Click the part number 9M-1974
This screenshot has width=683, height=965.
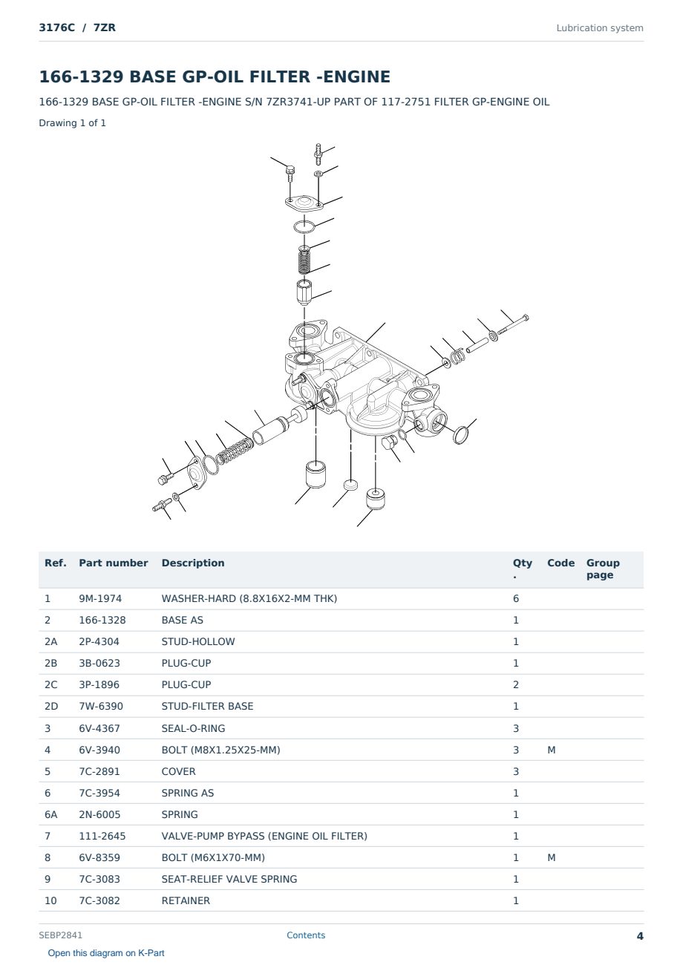100,598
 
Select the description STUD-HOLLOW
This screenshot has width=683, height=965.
197,641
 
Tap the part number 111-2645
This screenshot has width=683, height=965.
102,836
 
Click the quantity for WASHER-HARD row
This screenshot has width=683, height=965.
516,598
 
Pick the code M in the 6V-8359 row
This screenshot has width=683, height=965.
551,857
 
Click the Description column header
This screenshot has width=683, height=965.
193,563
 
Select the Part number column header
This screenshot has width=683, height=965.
114,563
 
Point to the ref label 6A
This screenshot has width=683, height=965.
50,814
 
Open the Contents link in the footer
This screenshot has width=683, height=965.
306,935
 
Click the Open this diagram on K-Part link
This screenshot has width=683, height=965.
106,953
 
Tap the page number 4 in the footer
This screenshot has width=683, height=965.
640,936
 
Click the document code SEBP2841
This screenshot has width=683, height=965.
60,935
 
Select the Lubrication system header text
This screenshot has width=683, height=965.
600,28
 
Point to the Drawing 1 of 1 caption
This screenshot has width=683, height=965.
73,123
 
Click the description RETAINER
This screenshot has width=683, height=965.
186,901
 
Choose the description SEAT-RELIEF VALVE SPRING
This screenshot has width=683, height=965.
229,880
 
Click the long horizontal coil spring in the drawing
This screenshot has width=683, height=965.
235,451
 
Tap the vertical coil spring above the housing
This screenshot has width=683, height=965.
304,260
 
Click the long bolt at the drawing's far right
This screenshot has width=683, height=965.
513,325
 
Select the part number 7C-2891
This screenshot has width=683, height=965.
99,771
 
